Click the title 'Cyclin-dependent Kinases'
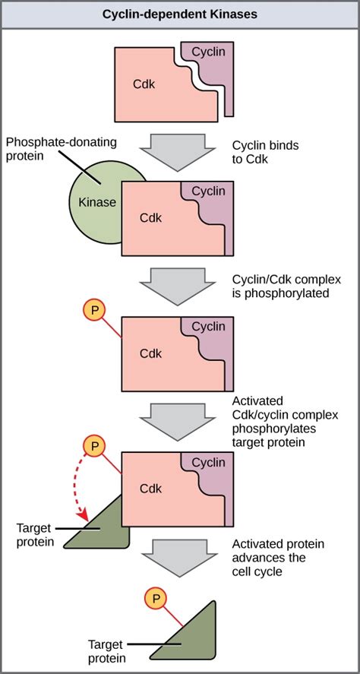click(x=180, y=14)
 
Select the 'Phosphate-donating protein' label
click(x=61, y=149)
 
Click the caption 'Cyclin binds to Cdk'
click(x=266, y=152)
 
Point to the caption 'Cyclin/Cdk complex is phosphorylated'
click(x=286, y=286)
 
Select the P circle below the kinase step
click(x=93, y=310)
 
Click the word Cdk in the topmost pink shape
click(x=144, y=84)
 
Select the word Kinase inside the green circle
click(x=97, y=202)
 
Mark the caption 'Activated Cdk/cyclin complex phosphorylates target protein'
click(x=286, y=421)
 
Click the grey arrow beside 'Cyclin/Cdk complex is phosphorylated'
click(x=178, y=283)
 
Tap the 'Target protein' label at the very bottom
click(x=106, y=651)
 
